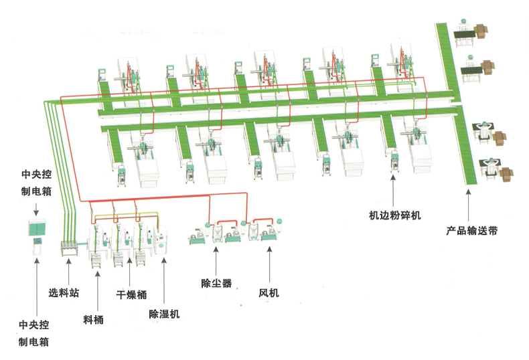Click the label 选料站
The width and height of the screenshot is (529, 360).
pyautogui.click(x=63, y=292)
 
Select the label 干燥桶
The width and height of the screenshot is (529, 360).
pyautogui.click(x=131, y=294)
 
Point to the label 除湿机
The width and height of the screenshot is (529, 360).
pyautogui.click(x=164, y=312)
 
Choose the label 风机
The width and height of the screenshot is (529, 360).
pyautogui.click(x=269, y=292)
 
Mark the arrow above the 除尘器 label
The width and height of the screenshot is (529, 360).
pyautogui.click(x=216, y=260)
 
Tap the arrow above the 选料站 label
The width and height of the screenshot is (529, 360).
pyautogui.click(x=67, y=272)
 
